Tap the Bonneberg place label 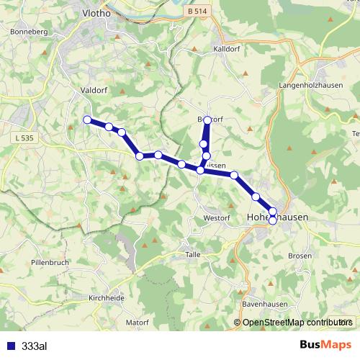[x=29, y=32]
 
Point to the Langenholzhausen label [x=308, y=85]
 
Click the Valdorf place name [x=91, y=91]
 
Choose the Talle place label [x=192, y=255]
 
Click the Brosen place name [x=300, y=256]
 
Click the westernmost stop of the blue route [x=87, y=120]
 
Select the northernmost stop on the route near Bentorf [x=207, y=120]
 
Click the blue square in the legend [x=10, y=346]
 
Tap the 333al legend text [x=35, y=346]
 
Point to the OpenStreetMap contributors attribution [x=294, y=323]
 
